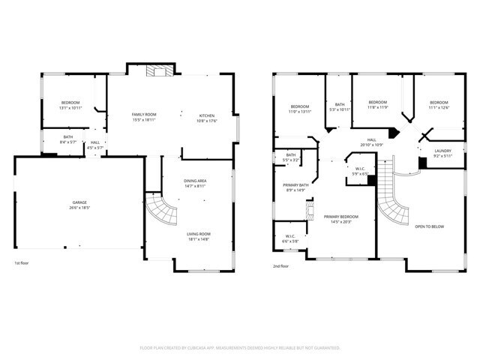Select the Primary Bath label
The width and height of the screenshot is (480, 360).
tap(296, 187)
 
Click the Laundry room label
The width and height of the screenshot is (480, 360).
tap(443, 153)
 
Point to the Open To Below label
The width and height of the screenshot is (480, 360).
tap(430, 226)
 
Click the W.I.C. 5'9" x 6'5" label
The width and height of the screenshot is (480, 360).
tap(360, 171)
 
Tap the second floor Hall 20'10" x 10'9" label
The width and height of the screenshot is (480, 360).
tap(371, 141)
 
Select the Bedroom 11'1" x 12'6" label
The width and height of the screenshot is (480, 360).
tap(439, 105)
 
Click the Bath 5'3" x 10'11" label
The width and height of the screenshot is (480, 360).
tap(340, 107)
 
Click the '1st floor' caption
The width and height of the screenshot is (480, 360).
tap(23, 264)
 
